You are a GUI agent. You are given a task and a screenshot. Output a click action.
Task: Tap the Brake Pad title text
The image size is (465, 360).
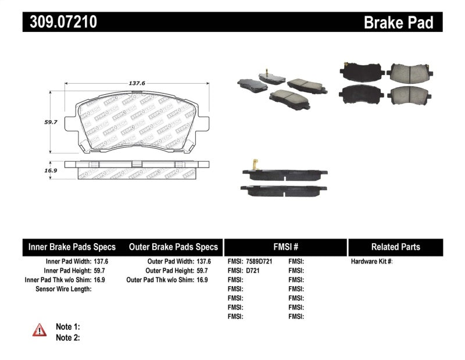point(398,23)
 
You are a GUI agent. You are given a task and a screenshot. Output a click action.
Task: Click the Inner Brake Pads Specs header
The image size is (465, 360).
point(72,247)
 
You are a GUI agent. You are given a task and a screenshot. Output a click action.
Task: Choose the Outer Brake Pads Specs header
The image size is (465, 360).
point(173,247)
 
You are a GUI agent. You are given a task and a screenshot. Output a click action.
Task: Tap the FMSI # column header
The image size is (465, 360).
point(285,247)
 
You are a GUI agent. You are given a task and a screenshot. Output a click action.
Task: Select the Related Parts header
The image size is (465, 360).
point(395,247)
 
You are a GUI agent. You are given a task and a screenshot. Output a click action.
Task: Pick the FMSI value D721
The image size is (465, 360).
point(253,270)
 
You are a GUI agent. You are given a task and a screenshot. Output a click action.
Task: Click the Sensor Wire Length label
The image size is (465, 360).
point(63,288)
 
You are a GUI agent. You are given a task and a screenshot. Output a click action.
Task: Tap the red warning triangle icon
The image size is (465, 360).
point(38,330)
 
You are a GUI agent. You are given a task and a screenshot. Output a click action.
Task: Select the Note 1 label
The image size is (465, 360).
point(67,327)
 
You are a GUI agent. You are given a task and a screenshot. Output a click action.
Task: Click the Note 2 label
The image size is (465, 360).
point(67,337)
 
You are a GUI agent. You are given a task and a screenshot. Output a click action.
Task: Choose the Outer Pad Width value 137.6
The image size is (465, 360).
point(203,262)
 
